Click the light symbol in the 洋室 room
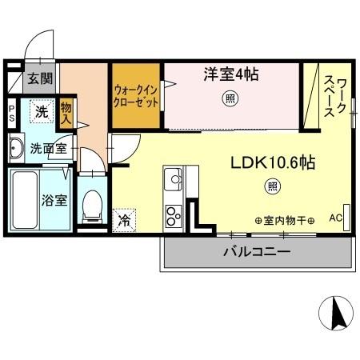[x=230, y=99]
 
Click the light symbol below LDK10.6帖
[x=272, y=187]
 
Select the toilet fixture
[x=93, y=206]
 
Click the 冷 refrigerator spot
[x=125, y=216]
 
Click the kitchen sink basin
[x=173, y=181]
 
